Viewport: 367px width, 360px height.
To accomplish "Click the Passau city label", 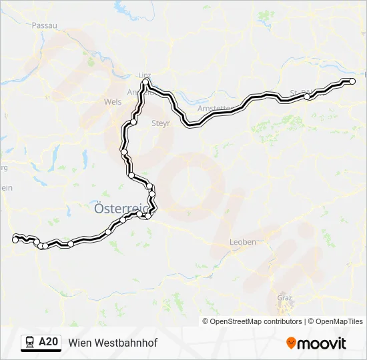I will (x=45, y=25).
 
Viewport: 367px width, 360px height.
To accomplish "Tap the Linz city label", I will (x=145, y=75).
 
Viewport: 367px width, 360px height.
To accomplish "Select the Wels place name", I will (x=113, y=102).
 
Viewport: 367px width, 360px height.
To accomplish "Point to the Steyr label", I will (x=161, y=123).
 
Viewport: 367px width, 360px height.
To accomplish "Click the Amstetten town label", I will (x=214, y=108).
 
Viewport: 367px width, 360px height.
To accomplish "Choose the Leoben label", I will (x=242, y=242).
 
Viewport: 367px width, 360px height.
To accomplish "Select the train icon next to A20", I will (x=30, y=343).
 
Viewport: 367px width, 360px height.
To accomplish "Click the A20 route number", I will (x=48, y=343).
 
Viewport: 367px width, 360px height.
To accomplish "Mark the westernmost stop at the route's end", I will (x=15, y=239).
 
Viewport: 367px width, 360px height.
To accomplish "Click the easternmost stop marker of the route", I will (x=352, y=81).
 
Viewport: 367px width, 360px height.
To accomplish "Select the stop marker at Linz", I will (x=145, y=82).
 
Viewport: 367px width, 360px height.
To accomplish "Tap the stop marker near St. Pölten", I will (x=307, y=97).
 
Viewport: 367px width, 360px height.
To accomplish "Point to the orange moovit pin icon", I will (x=291, y=343).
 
